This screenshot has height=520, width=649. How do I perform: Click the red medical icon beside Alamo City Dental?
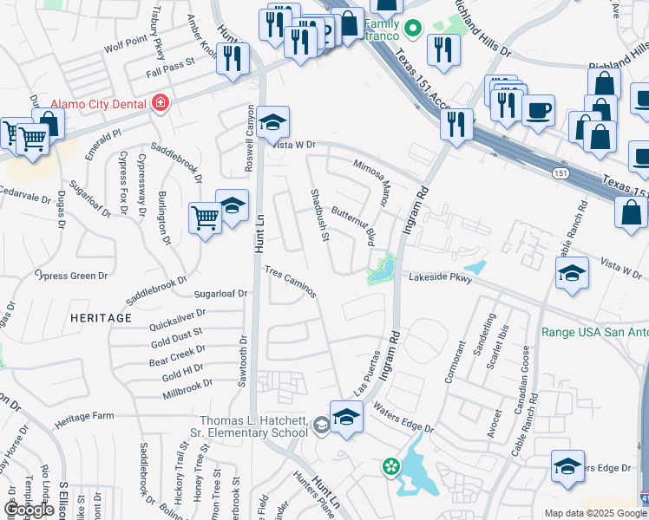pyautogui.click(x=159, y=104)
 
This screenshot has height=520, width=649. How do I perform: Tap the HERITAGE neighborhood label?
pyautogui.click(x=102, y=318)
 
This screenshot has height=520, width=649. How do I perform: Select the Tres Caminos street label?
pyautogui.click(x=290, y=282)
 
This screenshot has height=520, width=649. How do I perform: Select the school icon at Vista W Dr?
pyautogui.click(x=272, y=122)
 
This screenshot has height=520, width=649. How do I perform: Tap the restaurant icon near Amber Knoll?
pyautogui.click(x=232, y=58)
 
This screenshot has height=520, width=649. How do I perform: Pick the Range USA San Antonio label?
pyautogui.click(x=594, y=332)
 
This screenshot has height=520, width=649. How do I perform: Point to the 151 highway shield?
pyautogui.click(x=562, y=174)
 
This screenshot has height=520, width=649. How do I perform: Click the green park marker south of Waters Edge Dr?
pyautogui.click(x=391, y=467)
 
